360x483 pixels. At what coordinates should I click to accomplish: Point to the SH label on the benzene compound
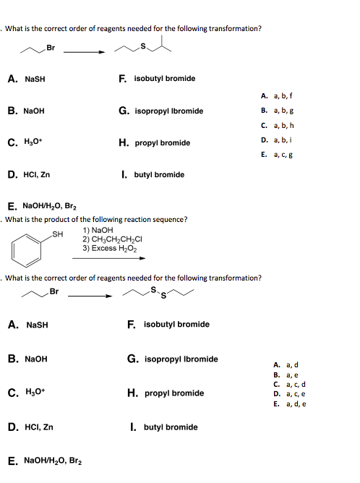coord(59,234)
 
